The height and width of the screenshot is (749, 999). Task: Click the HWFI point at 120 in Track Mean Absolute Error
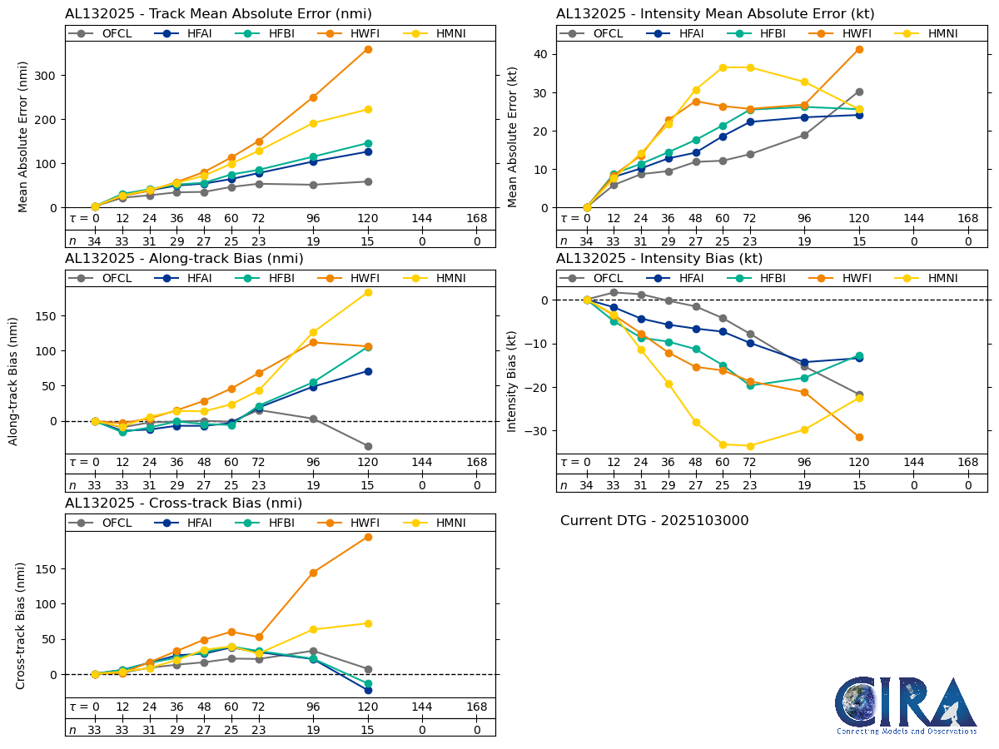(368, 49)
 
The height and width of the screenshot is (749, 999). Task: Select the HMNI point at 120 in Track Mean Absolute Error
(368, 109)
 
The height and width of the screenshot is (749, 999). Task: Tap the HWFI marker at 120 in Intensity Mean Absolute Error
(859, 49)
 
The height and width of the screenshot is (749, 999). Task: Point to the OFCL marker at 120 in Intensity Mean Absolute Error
(859, 92)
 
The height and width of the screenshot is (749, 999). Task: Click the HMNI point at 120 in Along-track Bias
(368, 292)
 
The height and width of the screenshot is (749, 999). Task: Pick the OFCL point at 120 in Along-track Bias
(368, 446)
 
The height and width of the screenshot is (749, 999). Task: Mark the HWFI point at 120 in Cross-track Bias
(368, 537)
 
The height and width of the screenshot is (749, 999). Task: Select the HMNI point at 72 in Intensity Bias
(750, 446)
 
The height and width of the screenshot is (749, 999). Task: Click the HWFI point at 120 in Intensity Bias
(859, 437)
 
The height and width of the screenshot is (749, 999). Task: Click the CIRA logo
(906, 706)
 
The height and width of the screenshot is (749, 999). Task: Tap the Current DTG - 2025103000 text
(654, 521)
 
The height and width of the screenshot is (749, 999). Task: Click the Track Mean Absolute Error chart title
(218, 14)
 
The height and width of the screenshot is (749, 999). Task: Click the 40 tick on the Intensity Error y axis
(541, 54)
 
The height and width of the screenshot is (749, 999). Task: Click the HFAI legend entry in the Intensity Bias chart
(690, 278)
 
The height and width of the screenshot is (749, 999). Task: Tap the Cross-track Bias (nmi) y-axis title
(21, 625)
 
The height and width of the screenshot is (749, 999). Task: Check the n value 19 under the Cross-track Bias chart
(313, 730)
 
